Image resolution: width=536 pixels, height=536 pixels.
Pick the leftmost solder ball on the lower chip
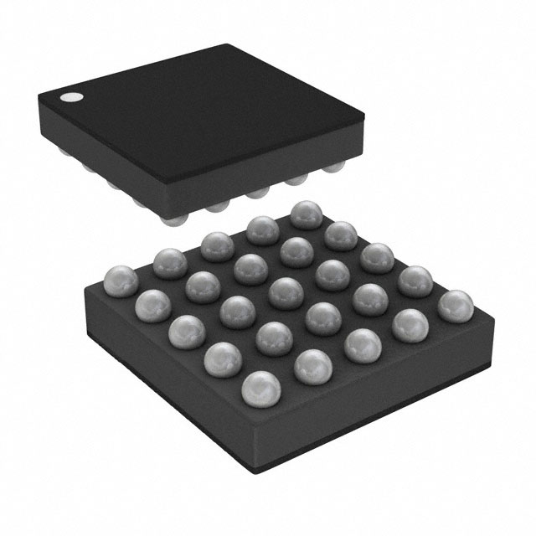(x=121, y=278)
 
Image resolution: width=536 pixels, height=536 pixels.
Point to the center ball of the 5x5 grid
(x=286, y=292)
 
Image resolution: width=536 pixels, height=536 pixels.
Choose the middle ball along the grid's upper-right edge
(x=378, y=257)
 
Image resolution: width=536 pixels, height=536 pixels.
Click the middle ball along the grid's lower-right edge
(x=362, y=343)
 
